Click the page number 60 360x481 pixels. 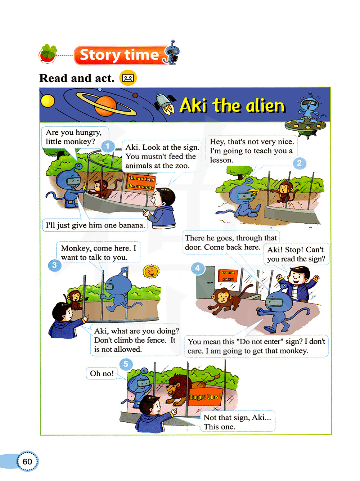click(x=27, y=461)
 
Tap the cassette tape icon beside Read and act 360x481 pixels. click(x=128, y=78)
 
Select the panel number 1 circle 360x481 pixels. click(x=108, y=147)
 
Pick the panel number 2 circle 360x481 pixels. click(x=299, y=163)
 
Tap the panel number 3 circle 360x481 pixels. click(x=54, y=265)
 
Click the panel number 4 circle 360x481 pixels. click(x=198, y=268)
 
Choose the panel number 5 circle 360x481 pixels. click(x=126, y=364)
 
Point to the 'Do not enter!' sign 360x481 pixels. click(x=228, y=276)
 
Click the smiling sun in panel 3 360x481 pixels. click(x=150, y=271)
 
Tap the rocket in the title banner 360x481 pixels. click(x=165, y=103)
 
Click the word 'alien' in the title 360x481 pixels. click(x=265, y=106)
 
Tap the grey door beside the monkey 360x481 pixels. click(x=205, y=282)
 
